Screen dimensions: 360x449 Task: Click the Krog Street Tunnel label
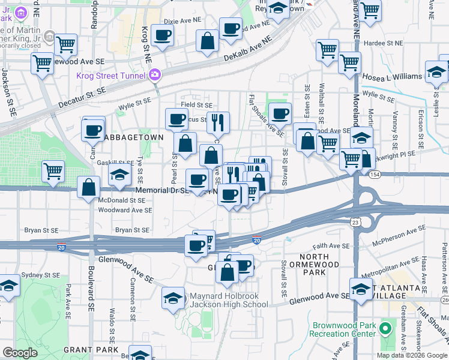point(110,76)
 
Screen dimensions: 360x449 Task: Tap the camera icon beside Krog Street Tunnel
point(155,75)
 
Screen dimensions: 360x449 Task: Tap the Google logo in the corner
point(20,353)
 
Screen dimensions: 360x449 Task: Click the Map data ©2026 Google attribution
point(412,355)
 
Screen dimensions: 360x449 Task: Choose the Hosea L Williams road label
point(391,77)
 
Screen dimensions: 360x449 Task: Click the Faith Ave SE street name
point(330,245)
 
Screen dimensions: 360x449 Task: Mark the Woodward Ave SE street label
point(124,210)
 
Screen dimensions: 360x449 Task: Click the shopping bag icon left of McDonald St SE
point(89,187)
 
